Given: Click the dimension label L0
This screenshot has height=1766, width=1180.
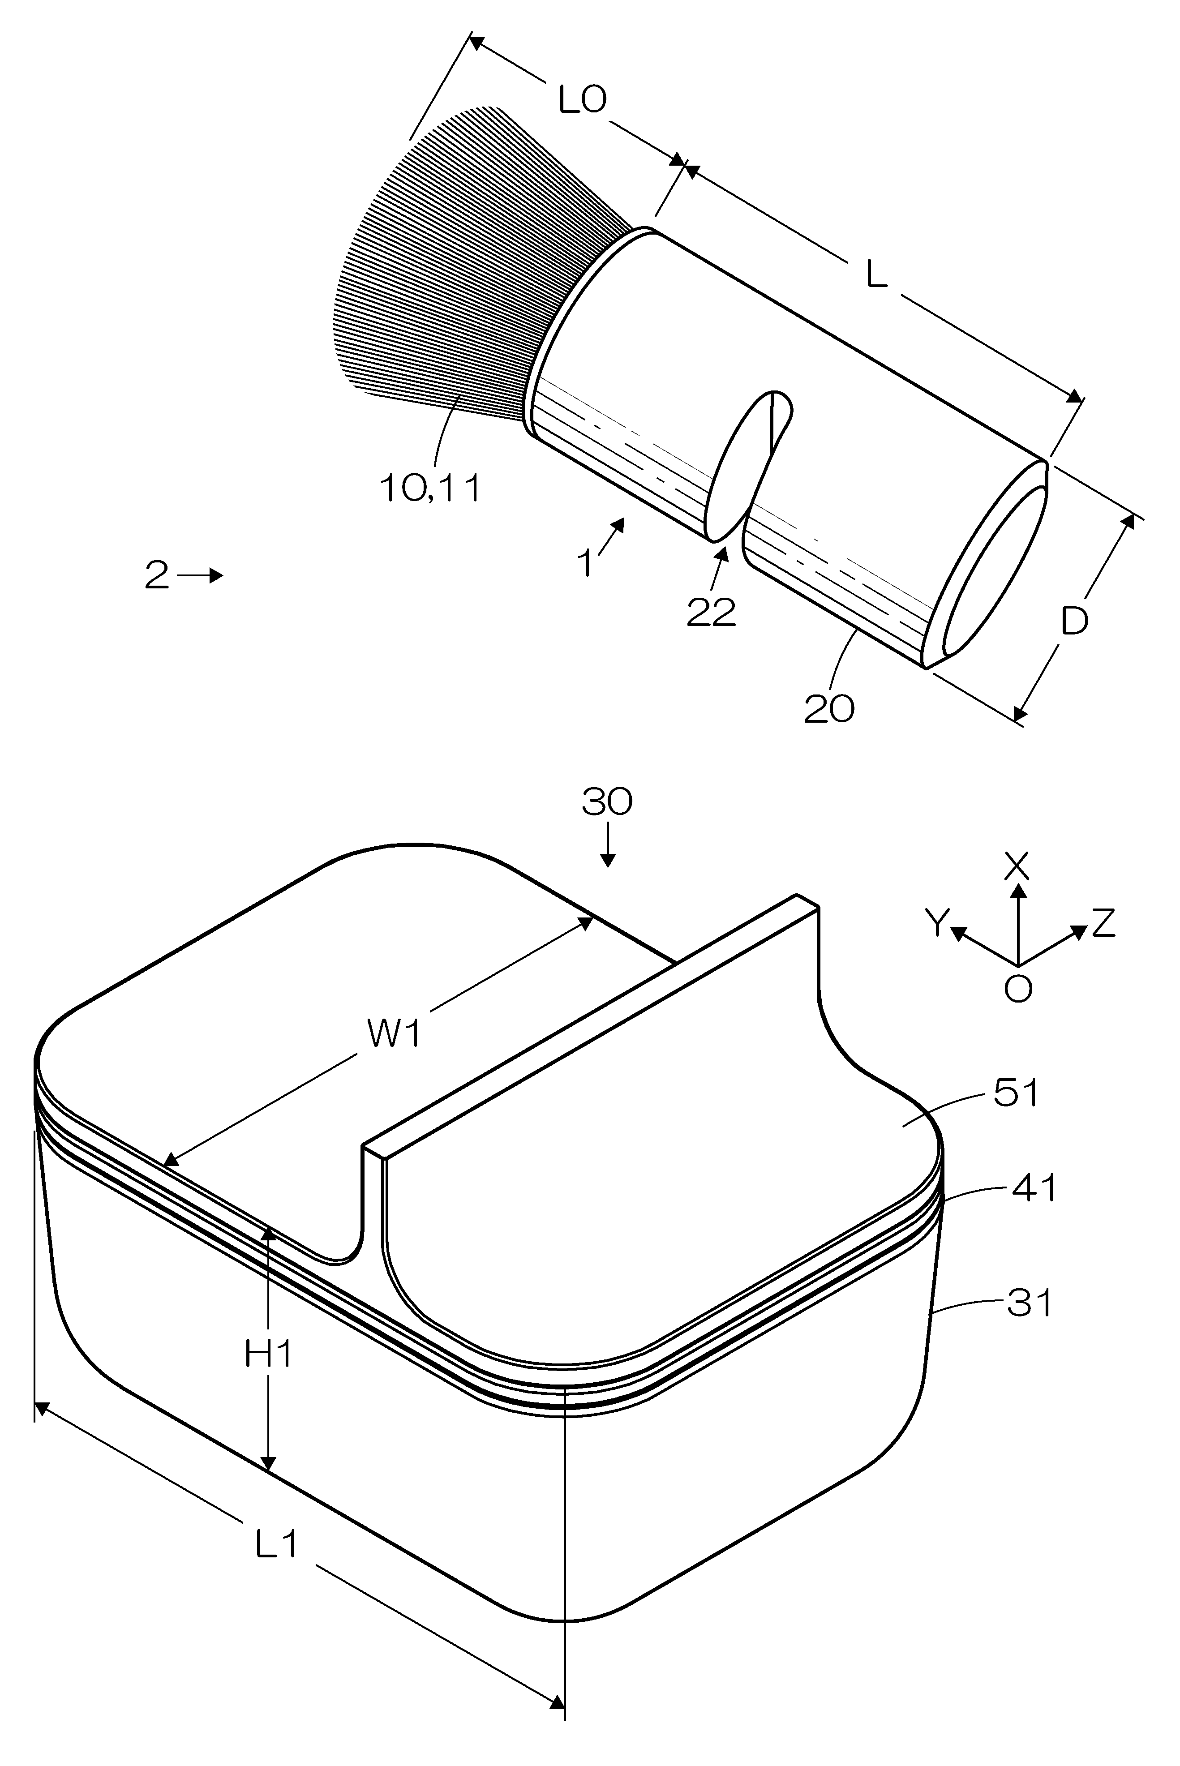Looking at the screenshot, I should pyautogui.click(x=583, y=99).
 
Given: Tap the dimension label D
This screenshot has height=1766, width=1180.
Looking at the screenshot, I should pyautogui.click(x=1075, y=622).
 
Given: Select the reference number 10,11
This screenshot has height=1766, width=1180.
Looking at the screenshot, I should pyautogui.click(x=430, y=489).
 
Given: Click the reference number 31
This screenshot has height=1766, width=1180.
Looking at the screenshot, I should pyautogui.click(x=1030, y=1303).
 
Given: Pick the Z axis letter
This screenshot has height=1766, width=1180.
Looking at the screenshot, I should pyautogui.click(x=1103, y=923).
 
